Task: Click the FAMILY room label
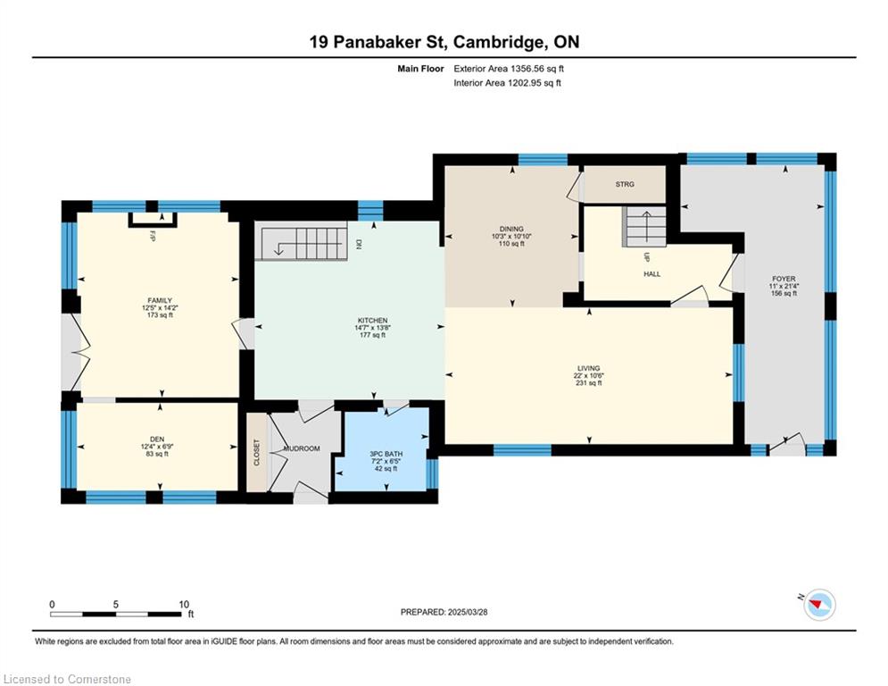(x=160, y=300)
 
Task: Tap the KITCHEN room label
(x=373, y=321)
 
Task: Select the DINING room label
(x=511, y=229)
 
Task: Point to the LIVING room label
(x=589, y=368)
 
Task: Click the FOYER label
(x=784, y=279)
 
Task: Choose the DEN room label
(x=157, y=439)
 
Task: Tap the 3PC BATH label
(x=386, y=454)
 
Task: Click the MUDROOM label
(x=302, y=448)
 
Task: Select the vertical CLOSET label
(x=256, y=452)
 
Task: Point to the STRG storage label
(x=625, y=184)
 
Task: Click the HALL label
(x=651, y=274)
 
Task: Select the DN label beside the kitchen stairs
(x=359, y=245)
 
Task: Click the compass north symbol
(x=819, y=605)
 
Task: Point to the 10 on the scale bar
(x=184, y=605)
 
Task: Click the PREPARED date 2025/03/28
(x=468, y=612)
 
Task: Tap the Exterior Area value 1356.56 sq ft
(x=537, y=69)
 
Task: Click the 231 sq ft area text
(x=589, y=382)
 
